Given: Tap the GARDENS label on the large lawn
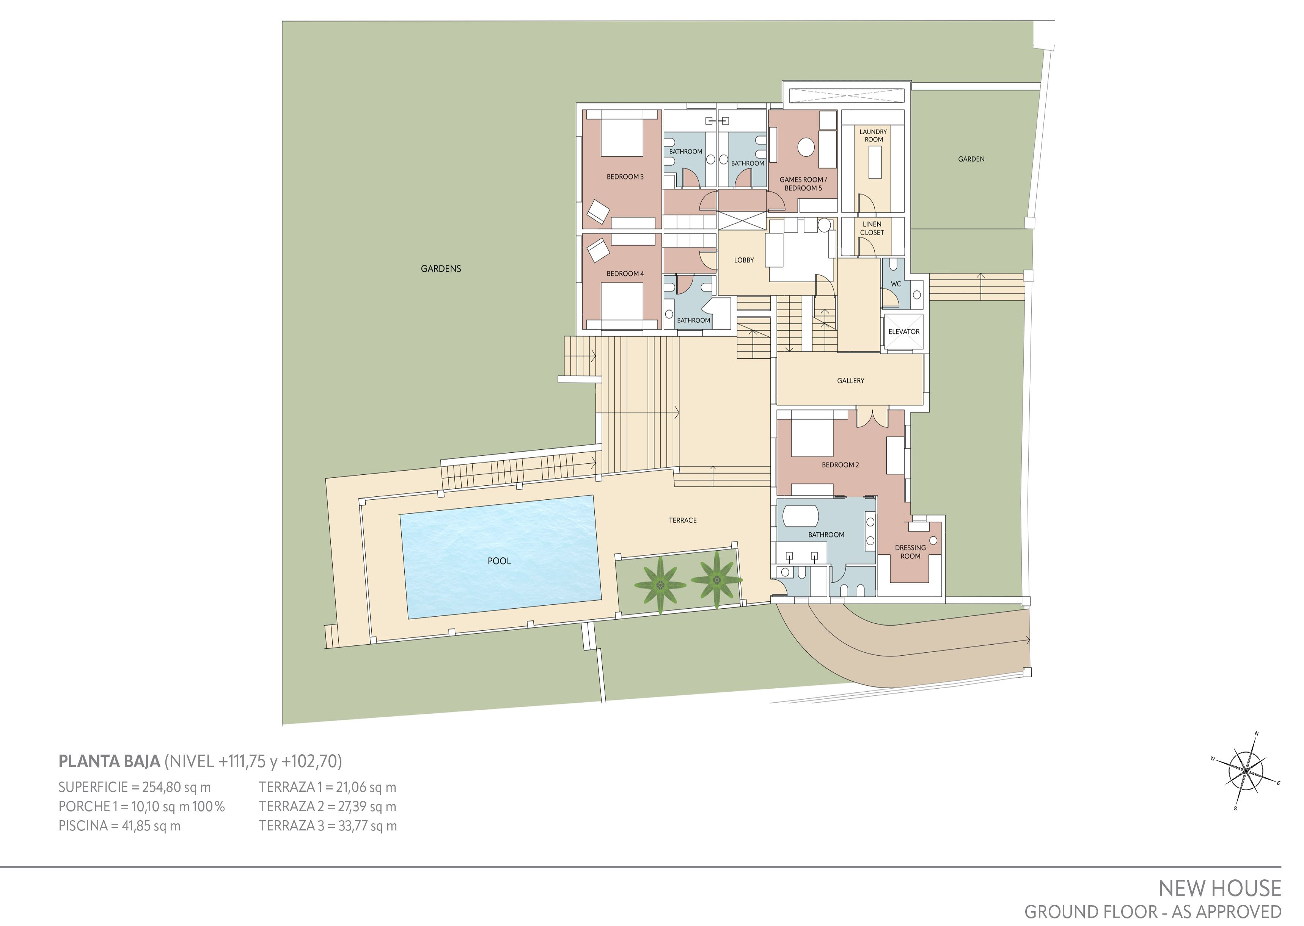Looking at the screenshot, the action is [x=441, y=268].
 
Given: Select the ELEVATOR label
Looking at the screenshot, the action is [x=904, y=332].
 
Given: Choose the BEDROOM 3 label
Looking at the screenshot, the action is [x=625, y=177].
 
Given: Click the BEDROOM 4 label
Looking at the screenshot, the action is [x=625, y=274].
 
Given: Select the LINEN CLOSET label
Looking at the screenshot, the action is [x=872, y=228].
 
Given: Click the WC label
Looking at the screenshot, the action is [x=896, y=284].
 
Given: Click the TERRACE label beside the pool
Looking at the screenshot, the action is [x=682, y=520].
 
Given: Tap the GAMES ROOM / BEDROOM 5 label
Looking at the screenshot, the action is [x=803, y=184].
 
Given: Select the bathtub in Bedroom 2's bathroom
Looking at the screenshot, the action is [x=801, y=516].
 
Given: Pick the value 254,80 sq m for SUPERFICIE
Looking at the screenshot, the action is [x=177, y=788].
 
